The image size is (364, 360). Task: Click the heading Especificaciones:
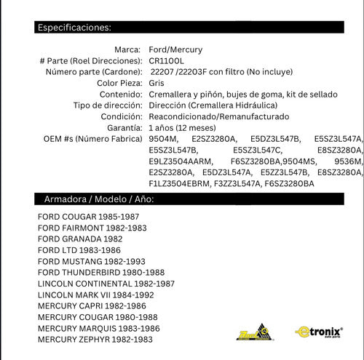74,28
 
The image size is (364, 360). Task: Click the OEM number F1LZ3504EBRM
181,183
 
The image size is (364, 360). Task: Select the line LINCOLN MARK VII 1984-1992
96,295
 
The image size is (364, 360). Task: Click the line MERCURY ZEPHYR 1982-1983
95,339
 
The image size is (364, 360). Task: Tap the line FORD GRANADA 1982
80,239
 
